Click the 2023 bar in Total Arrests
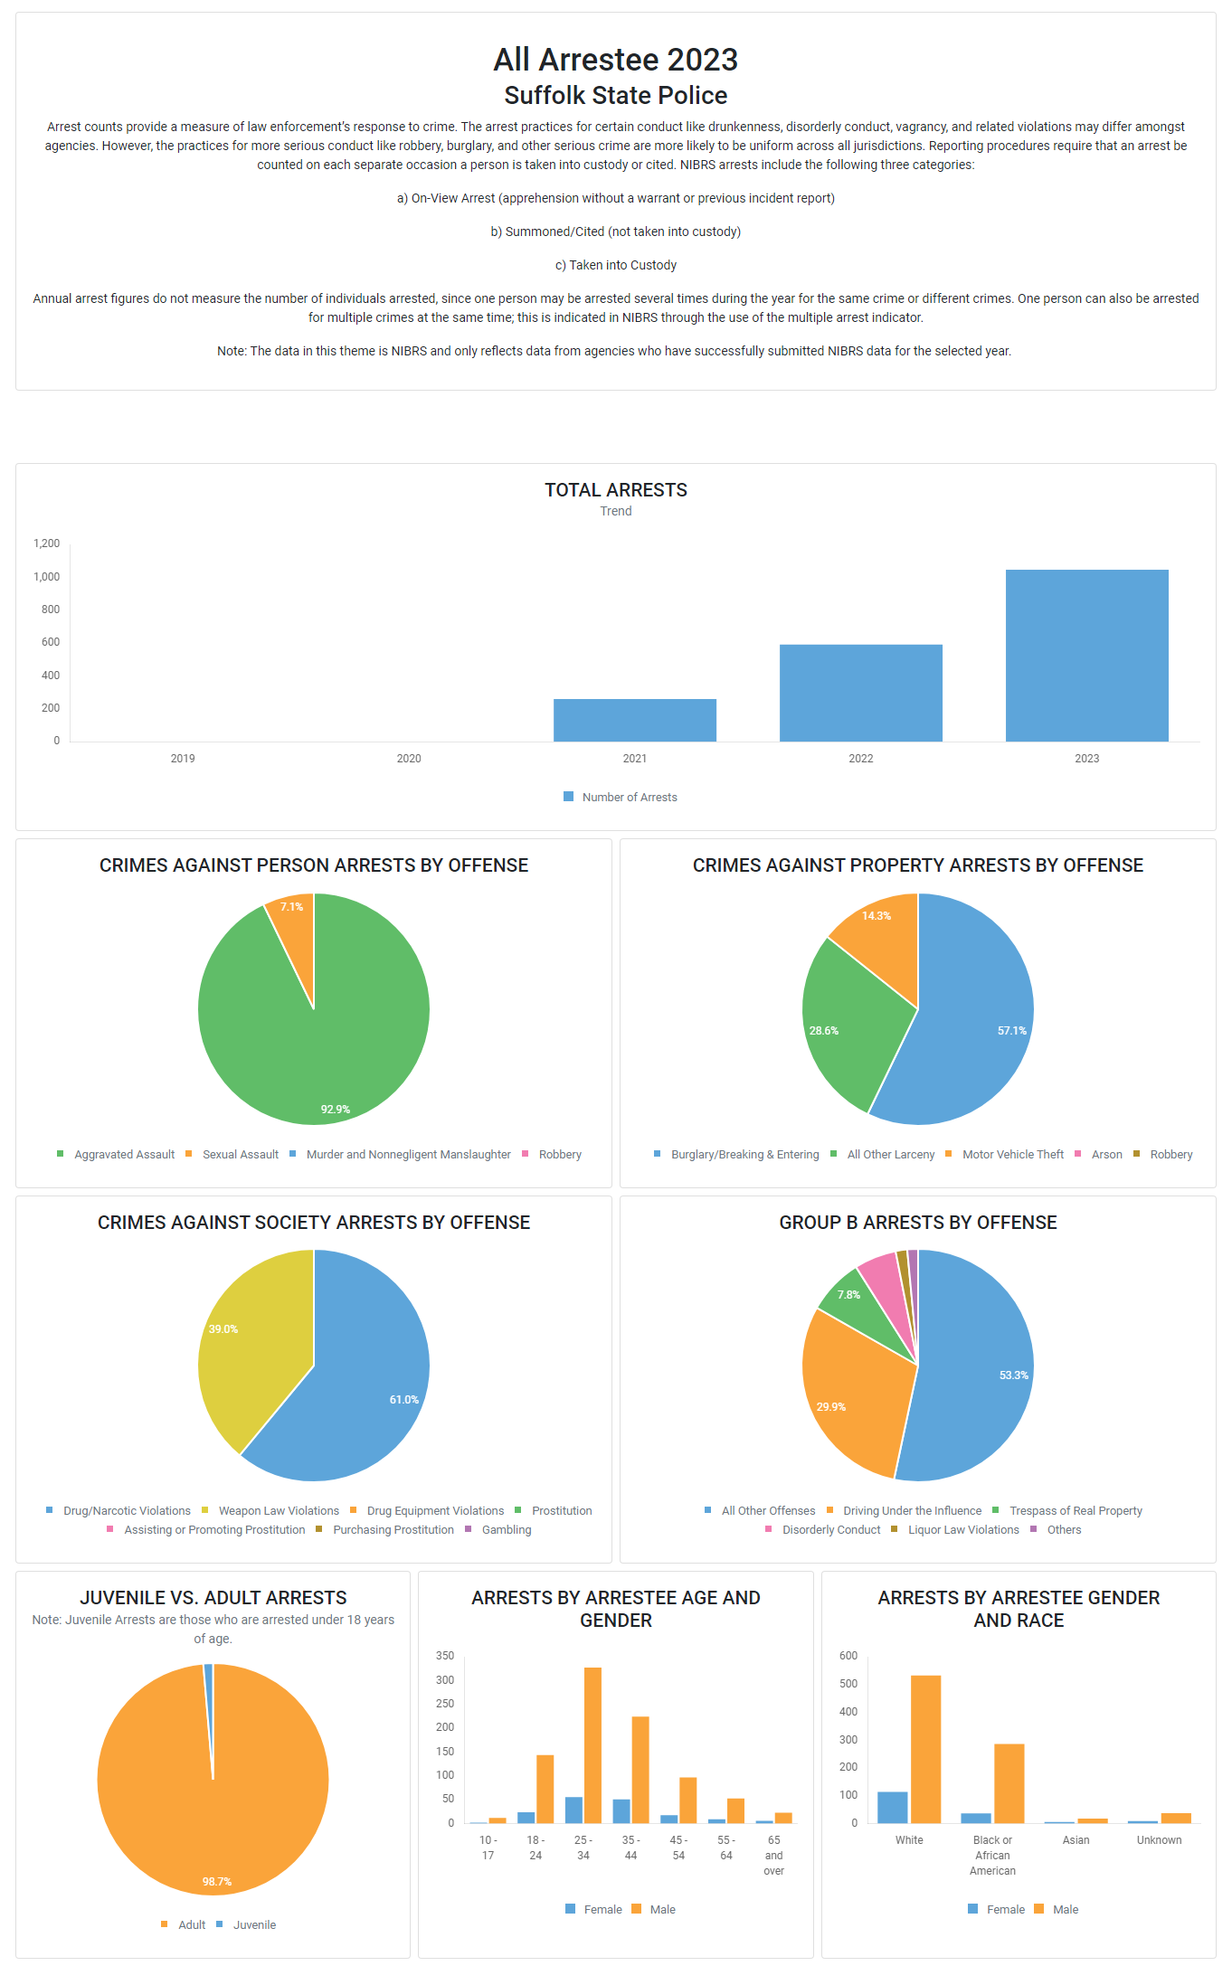click(x=1086, y=656)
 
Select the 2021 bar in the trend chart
click(x=634, y=720)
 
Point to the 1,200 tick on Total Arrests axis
click(x=47, y=543)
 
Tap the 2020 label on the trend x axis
click(x=409, y=759)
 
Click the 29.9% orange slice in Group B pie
click(x=850, y=1393)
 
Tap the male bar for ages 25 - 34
click(x=592, y=1745)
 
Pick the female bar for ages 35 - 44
click(x=621, y=1811)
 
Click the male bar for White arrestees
click(x=925, y=1750)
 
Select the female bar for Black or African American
click(x=976, y=1818)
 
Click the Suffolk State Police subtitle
click(x=616, y=96)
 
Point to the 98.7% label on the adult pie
click(x=217, y=1882)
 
